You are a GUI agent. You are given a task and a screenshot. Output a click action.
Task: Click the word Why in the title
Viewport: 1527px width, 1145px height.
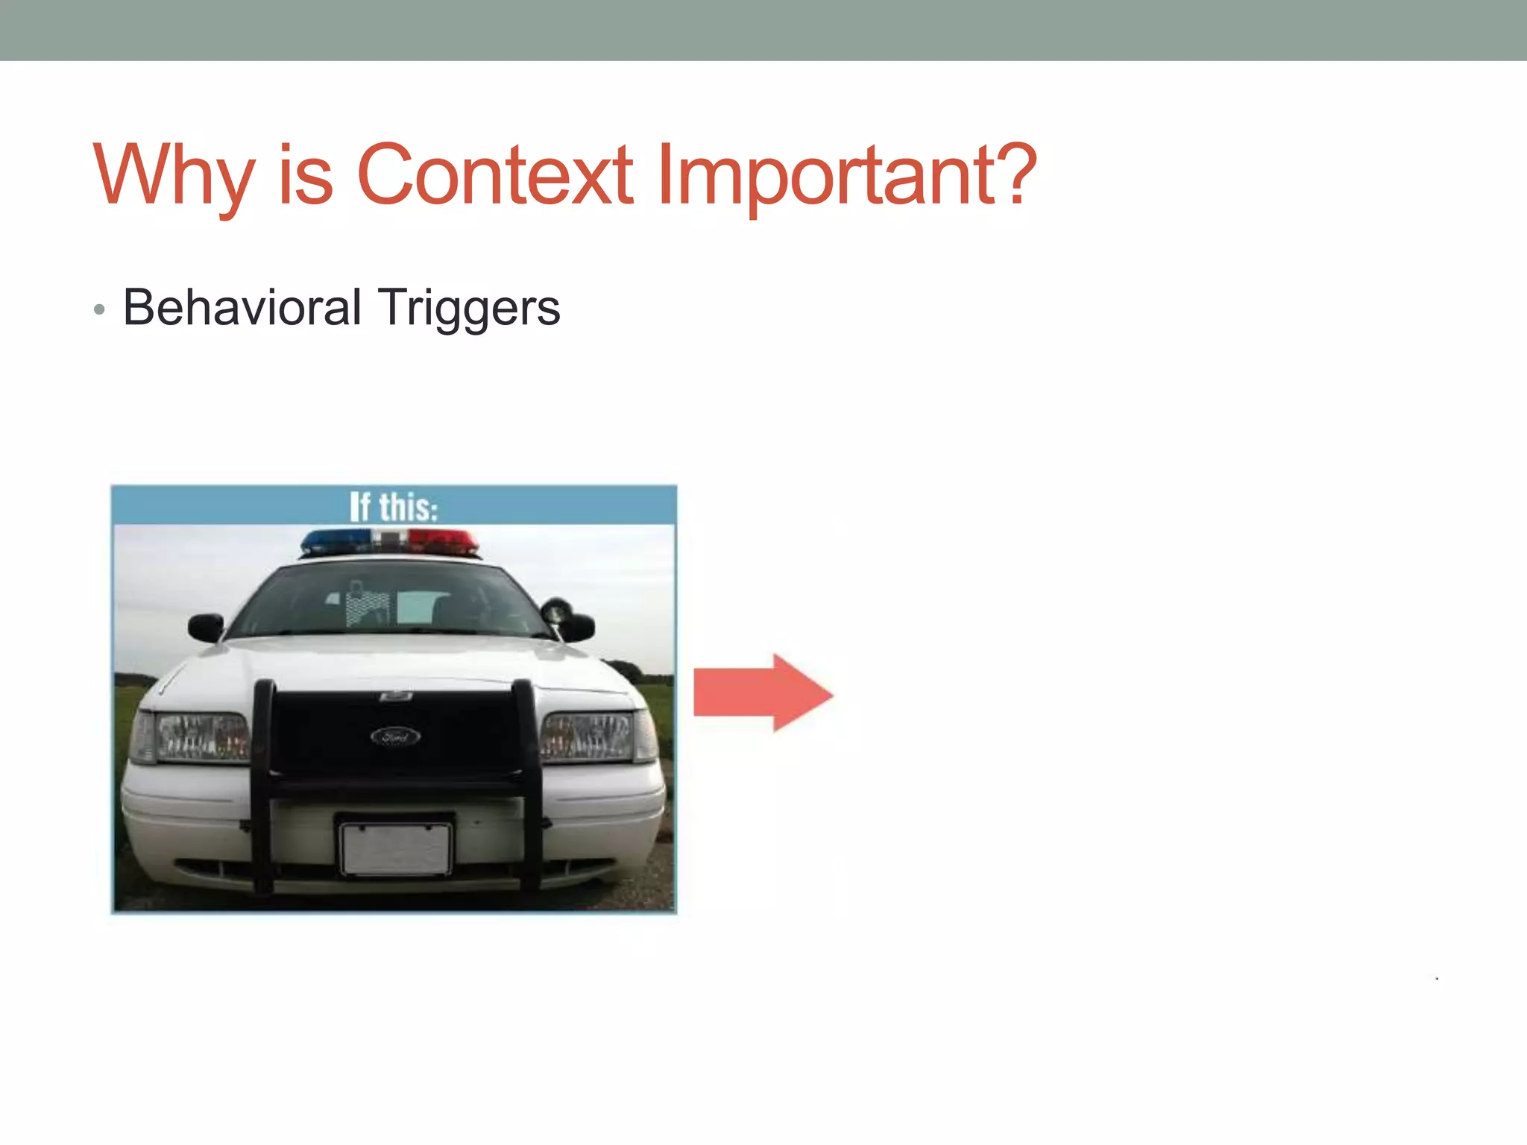(x=174, y=175)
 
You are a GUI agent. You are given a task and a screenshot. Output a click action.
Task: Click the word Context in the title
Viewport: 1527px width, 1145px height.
(x=495, y=175)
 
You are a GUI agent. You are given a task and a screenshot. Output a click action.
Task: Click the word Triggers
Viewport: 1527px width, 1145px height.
(x=468, y=309)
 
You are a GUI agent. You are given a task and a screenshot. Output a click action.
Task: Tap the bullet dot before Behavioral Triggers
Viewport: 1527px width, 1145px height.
(x=100, y=309)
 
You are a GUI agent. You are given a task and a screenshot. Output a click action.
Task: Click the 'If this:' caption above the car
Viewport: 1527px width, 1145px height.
(x=394, y=507)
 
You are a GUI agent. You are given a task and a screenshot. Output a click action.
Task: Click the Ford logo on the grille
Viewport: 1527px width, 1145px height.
(x=395, y=737)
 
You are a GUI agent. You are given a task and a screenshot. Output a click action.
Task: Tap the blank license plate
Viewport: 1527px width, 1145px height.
(x=396, y=849)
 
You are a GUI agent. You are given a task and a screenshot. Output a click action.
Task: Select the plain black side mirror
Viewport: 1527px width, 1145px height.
(x=207, y=626)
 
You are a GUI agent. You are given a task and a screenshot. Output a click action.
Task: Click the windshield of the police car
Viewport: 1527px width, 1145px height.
(x=388, y=602)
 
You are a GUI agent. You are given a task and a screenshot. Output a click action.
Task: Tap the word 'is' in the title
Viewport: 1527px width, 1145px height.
(x=305, y=175)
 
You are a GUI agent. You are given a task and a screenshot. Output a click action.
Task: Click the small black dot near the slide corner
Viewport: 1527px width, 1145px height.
(x=1437, y=978)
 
